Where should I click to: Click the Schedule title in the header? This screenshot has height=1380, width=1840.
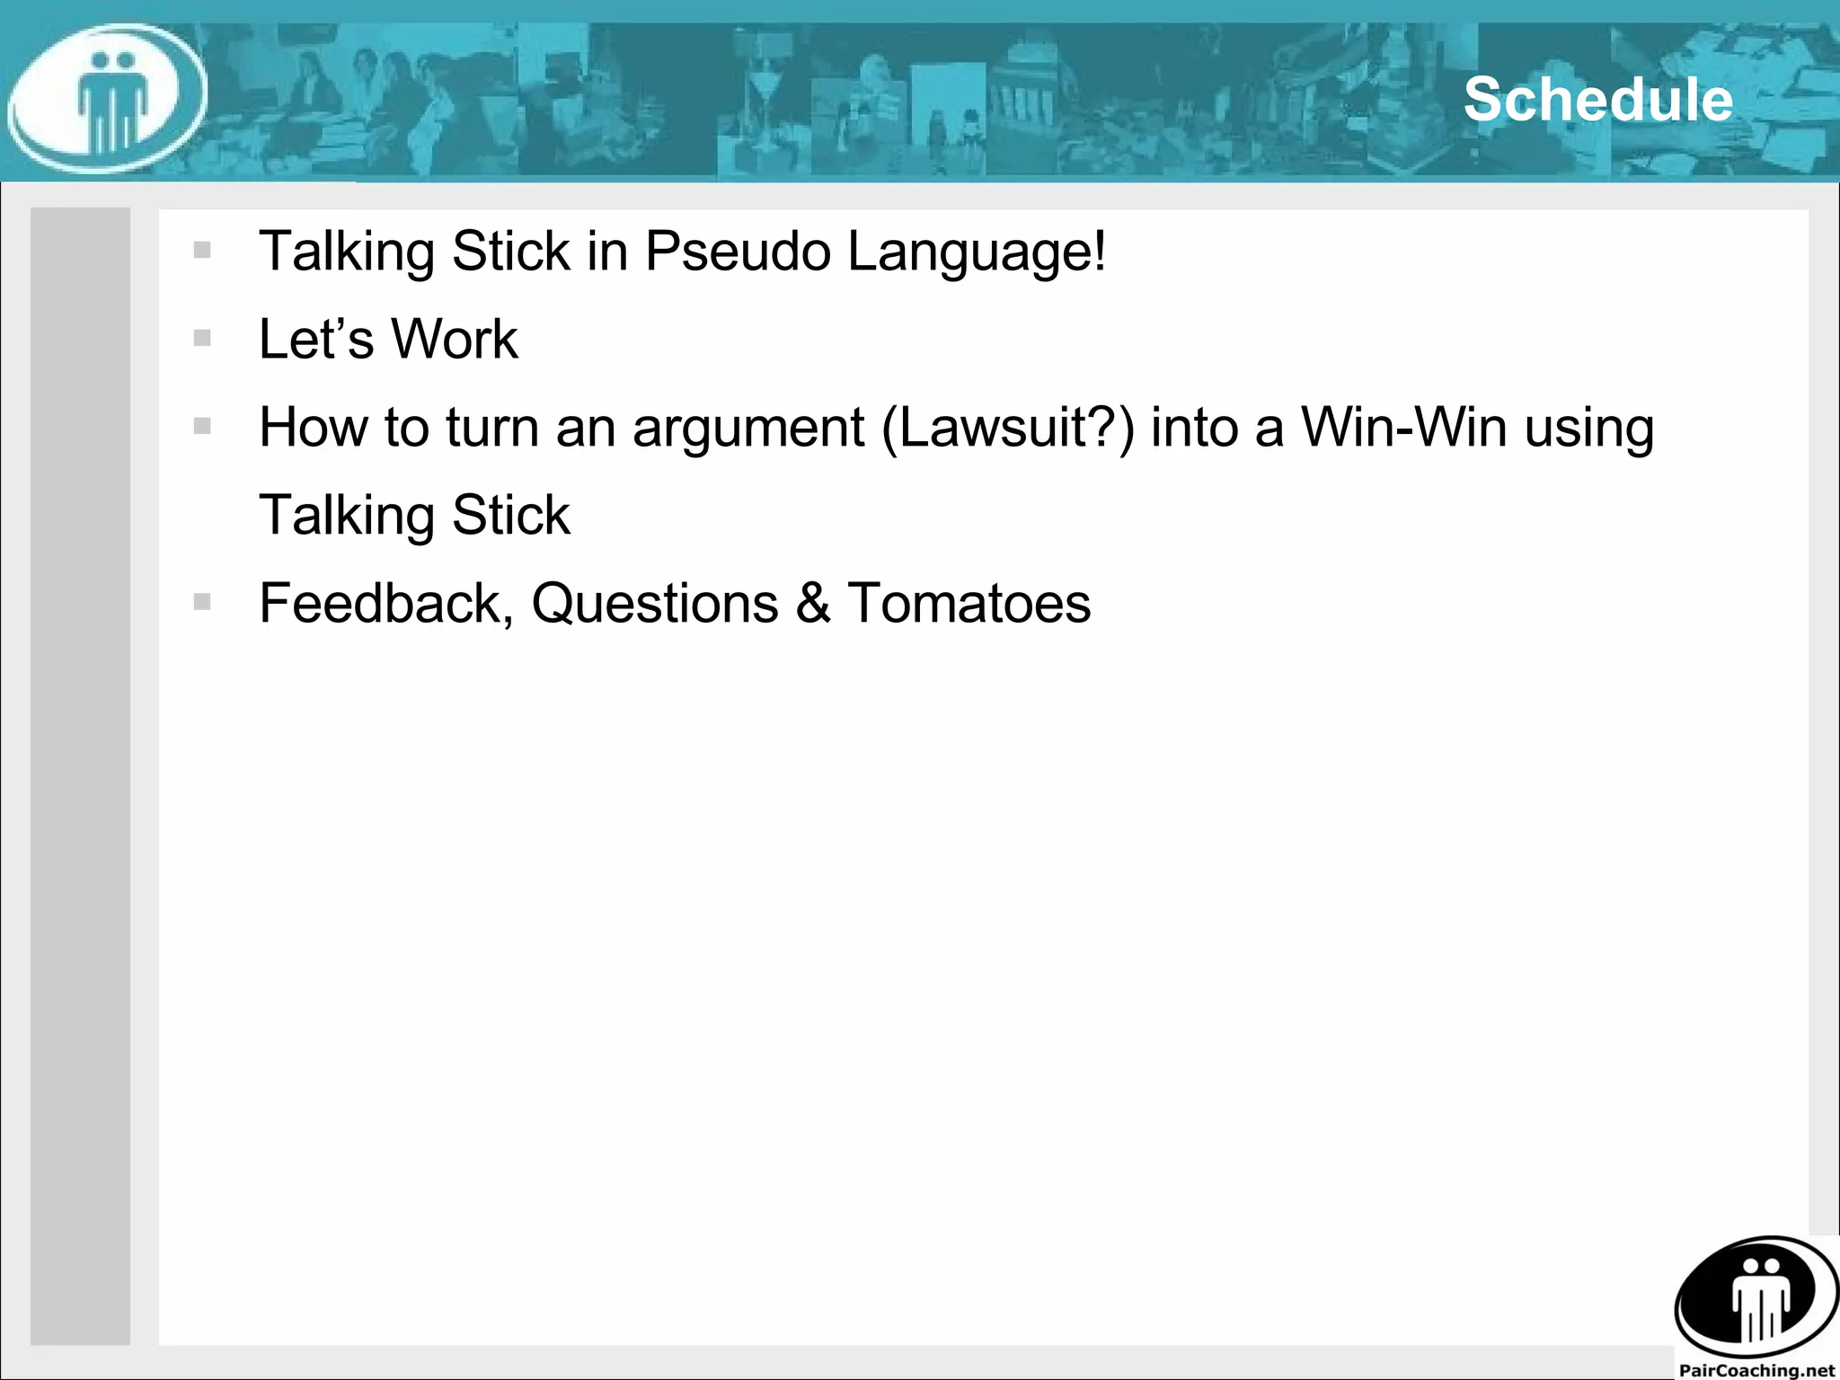click(1597, 99)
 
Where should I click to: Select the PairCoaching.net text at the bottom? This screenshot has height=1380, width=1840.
click(1756, 1370)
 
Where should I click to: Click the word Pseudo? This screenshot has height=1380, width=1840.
click(738, 251)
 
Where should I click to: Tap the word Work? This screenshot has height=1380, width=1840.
click(454, 339)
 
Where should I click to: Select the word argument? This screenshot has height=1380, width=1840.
click(748, 428)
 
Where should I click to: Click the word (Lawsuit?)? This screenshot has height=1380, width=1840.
click(1007, 427)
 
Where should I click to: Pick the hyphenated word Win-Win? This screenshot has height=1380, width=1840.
click(1403, 427)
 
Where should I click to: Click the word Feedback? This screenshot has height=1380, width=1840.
click(385, 603)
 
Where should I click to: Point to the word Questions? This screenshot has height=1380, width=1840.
click(655, 603)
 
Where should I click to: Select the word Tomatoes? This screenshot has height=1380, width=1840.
click(969, 603)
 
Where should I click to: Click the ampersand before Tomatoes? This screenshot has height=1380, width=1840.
click(813, 603)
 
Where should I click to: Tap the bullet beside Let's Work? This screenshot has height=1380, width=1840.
click(202, 338)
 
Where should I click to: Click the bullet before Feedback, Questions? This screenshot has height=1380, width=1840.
click(202, 602)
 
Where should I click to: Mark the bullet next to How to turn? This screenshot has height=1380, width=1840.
click(202, 426)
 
